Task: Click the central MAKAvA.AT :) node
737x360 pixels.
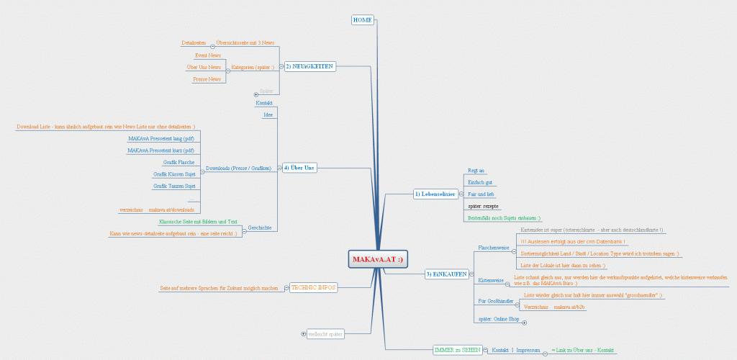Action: (378, 259)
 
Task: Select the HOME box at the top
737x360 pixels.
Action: (363, 20)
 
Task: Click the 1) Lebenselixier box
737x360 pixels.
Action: (435, 193)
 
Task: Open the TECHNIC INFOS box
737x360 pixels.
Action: (312, 287)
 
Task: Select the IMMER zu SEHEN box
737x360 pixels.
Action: (456, 350)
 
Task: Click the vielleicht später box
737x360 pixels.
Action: (325, 333)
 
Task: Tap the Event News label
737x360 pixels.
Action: (208, 55)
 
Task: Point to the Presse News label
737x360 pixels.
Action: (207, 79)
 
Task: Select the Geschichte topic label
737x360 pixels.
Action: (259, 228)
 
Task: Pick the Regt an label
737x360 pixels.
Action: (476, 171)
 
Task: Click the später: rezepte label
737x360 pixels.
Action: (483, 206)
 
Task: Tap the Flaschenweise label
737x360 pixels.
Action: (494, 248)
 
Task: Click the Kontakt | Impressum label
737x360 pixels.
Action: (515, 350)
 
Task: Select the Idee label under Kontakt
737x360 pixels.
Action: (268, 114)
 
